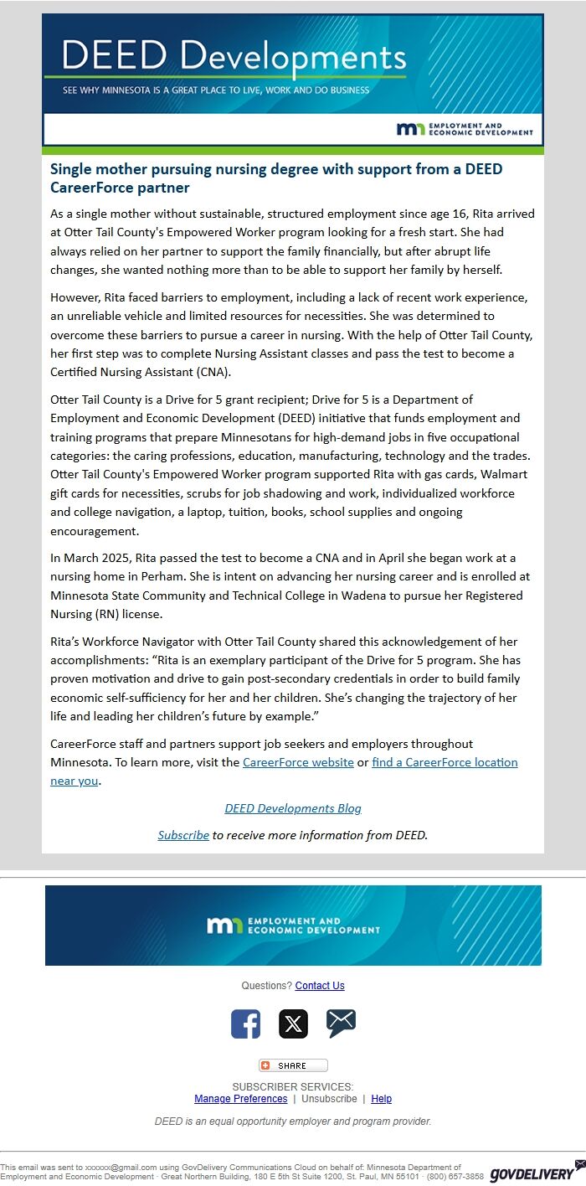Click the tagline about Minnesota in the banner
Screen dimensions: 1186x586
[x=216, y=90]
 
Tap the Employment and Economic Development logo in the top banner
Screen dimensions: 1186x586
[x=465, y=129]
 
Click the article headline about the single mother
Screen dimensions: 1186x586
[x=276, y=178]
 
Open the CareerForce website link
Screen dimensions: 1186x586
[x=298, y=762]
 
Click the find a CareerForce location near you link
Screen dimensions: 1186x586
[x=445, y=762]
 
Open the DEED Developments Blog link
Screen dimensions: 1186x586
[x=293, y=808]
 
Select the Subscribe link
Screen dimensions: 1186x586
[x=183, y=835]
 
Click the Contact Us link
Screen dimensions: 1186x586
[x=320, y=986]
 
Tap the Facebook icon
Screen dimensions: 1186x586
[x=245, y=1024]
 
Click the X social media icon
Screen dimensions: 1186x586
[x=293, y=1024]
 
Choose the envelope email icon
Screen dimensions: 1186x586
[x=341, y=1023]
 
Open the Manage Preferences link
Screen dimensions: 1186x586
[x=240, y=1099]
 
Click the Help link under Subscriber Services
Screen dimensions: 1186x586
[x=381, y=1099]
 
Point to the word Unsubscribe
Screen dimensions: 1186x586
[x=329, y=1099]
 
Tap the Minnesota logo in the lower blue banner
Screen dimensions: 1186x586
[x=293, y=926]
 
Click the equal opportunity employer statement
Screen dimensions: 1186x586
[x=293, y=1122]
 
